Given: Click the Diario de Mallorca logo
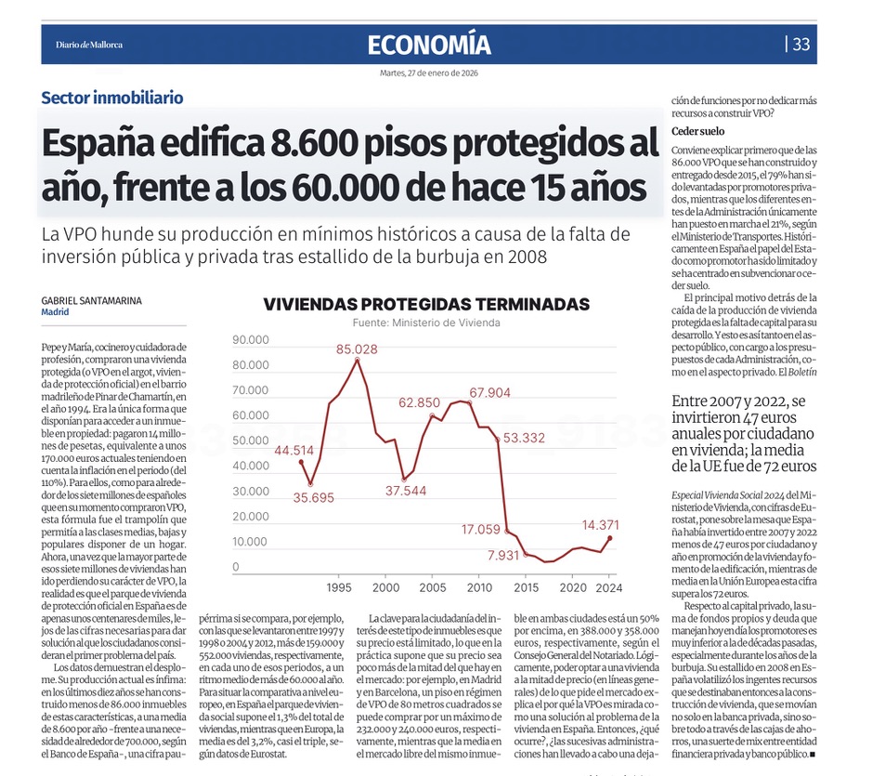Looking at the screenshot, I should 89,44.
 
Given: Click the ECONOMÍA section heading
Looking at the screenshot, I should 428,44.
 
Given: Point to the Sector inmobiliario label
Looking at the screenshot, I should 112,98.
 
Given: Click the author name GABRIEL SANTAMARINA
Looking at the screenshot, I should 91,300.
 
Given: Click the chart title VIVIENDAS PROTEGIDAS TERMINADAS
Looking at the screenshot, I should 426,304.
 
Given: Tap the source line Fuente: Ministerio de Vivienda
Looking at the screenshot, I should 426,322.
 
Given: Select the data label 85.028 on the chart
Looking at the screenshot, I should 357,349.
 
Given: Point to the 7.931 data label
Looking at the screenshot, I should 504,556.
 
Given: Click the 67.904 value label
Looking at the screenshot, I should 489,393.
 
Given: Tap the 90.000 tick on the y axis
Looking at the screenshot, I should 251,340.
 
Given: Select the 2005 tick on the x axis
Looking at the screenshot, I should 433,588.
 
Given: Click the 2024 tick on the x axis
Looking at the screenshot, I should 608,588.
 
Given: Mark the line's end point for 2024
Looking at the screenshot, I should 609,538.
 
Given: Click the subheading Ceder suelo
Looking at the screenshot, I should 698,130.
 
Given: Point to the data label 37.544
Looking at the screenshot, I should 406,491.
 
